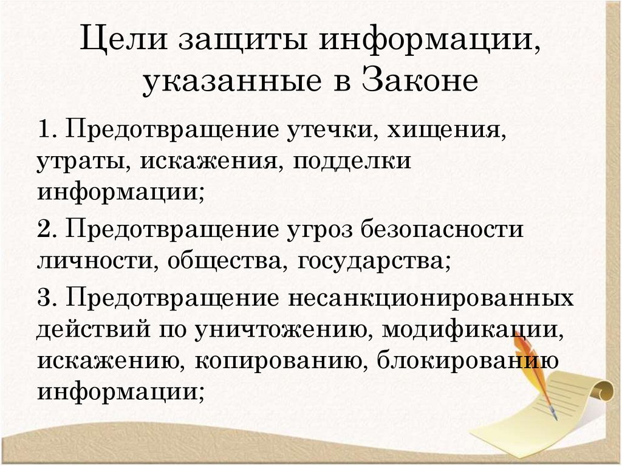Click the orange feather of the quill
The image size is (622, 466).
click(x=526, y=358)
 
